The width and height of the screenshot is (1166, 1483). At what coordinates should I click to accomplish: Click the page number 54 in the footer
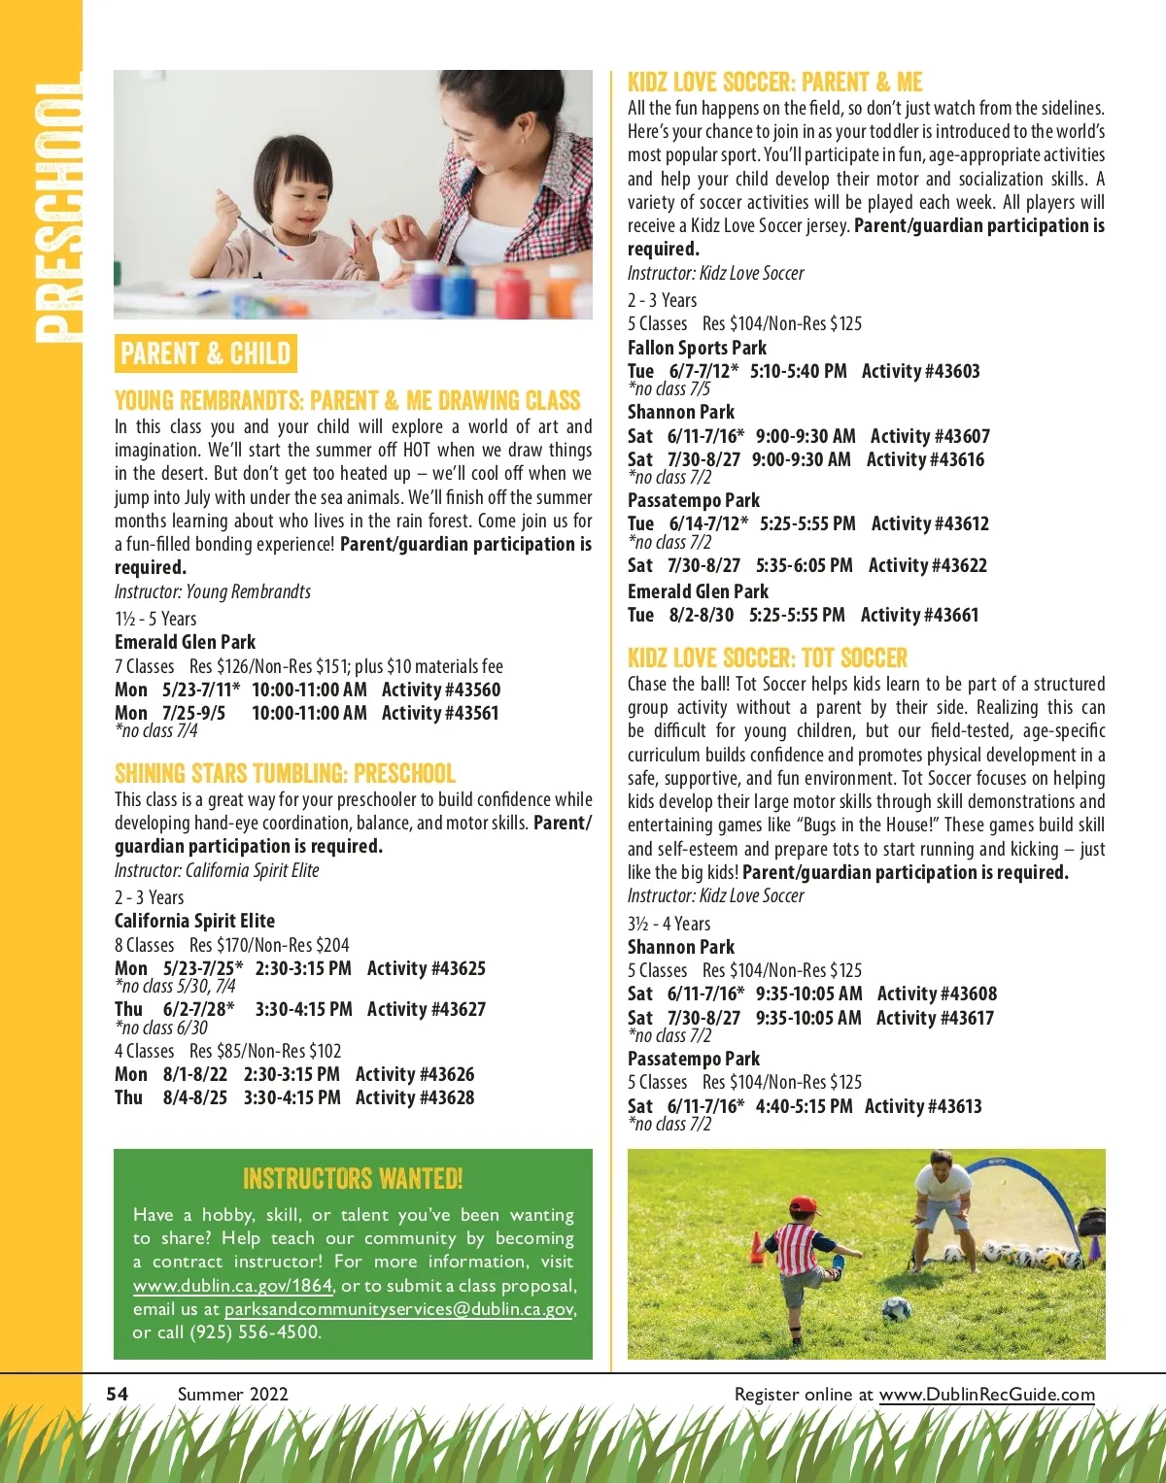(118, 1394)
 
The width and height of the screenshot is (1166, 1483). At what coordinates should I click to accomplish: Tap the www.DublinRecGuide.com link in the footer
(986, 1395)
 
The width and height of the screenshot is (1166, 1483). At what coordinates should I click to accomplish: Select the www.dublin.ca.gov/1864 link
(232, 1285)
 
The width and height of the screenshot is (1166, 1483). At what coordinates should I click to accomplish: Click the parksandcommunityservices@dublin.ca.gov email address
(398, 1308)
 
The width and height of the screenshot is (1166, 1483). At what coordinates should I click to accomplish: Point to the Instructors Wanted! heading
(353, 1179)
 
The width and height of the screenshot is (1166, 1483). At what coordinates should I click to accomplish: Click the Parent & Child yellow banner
(205, 354)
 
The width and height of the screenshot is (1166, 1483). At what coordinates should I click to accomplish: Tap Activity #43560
(441, 690)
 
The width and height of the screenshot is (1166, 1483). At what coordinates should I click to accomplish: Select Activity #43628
(415, 1097)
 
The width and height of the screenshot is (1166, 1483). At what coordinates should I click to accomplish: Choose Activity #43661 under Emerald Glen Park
(919, 615)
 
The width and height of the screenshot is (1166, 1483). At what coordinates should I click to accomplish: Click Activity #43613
(923, 1106)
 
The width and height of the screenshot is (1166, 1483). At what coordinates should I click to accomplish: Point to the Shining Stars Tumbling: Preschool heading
(285, 774)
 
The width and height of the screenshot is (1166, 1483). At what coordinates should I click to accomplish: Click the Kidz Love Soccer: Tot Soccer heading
(767, 658)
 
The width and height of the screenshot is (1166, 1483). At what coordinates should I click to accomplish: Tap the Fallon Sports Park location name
(697, 348)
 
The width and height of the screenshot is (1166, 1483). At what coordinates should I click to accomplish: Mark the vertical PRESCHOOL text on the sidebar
(56, 212)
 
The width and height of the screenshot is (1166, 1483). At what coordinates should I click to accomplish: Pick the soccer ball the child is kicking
(895, 1308)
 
